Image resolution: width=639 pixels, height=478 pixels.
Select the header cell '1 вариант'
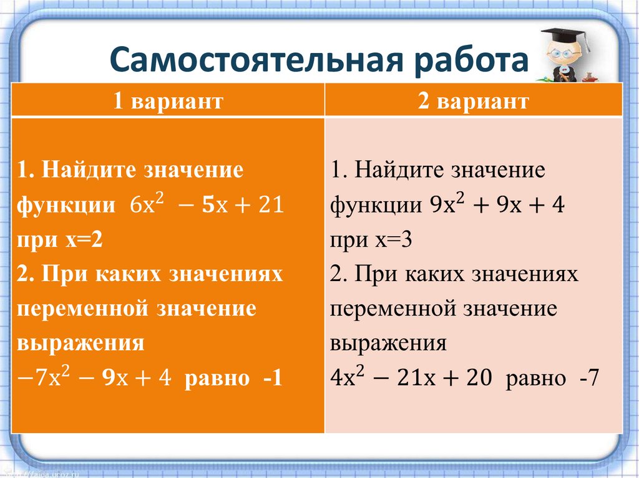tap(168, 101)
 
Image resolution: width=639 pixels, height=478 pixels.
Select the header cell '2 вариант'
tap(474, 101)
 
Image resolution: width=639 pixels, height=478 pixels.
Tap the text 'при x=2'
tap(60, 240)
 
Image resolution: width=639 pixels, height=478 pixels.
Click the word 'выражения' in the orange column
tap(81, 343)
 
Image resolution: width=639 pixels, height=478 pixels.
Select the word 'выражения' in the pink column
tap(389, 343)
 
